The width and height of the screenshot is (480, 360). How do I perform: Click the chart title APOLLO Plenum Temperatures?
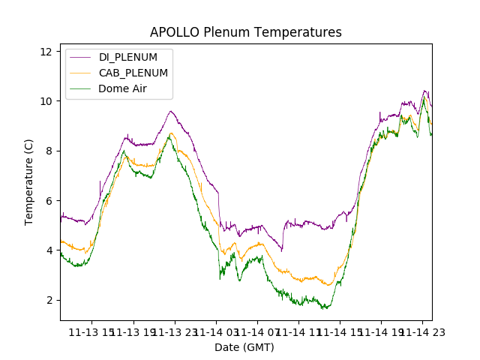[245, 32]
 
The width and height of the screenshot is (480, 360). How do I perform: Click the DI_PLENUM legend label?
[128, 57]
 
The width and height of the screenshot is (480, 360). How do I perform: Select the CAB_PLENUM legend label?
[133, 73]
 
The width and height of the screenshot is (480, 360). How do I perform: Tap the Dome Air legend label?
[124, 88]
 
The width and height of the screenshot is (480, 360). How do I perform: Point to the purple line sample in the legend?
[80, 57]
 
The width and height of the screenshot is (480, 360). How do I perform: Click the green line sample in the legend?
[80, 88]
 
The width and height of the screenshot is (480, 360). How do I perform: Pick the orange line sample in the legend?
[80, 73]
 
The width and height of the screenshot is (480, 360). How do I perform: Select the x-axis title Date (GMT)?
[244, 347]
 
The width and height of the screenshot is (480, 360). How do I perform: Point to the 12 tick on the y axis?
[46, 51]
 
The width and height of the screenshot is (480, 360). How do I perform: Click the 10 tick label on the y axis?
[46, 101]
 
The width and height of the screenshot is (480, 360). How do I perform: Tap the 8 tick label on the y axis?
[49, 151]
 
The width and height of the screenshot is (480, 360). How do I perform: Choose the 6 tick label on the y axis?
[49, 200]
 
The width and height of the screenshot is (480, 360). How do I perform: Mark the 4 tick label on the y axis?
[49, 250]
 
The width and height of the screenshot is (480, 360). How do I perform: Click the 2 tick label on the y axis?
[49, 300]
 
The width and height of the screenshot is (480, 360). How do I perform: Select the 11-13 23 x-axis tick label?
[174, 331]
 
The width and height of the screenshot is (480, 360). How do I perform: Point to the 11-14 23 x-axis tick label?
[421, 331]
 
